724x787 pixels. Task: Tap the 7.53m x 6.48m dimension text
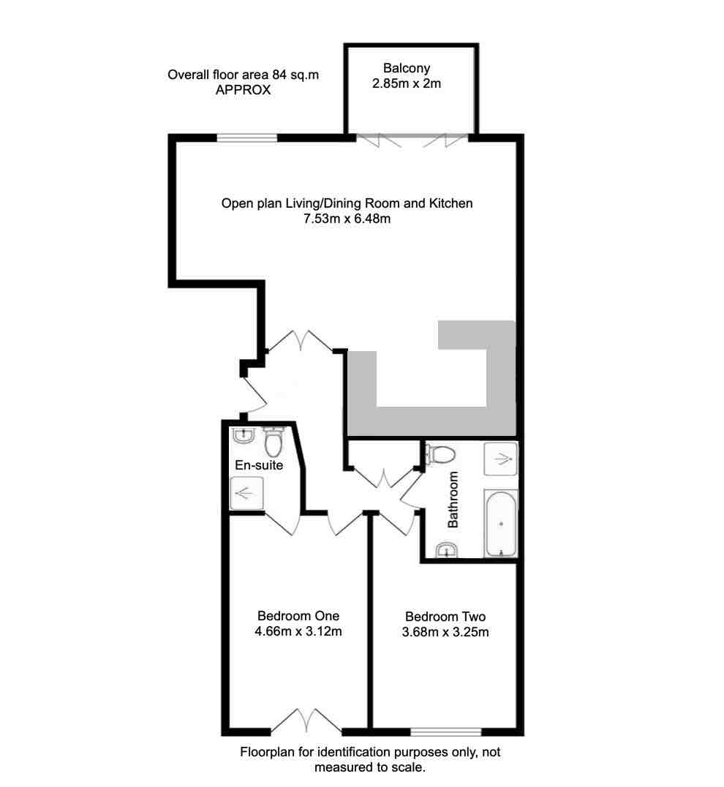point(347,219)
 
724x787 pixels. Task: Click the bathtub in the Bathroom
point(500,523)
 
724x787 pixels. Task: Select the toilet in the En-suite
point(273,442)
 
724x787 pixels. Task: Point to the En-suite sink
point(243,436)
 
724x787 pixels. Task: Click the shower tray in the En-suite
point(243,493)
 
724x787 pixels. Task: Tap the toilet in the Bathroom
point(442,455)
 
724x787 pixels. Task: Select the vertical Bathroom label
point(453,500)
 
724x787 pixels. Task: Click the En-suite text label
point(259,465)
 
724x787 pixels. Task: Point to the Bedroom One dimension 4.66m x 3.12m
point(298,631)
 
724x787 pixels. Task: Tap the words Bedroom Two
point(445,617)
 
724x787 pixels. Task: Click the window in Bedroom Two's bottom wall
point(445,731)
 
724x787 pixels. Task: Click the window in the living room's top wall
point(247,137)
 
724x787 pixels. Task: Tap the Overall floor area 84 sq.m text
point(244,75)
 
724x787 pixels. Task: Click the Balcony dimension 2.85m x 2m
point(407,83)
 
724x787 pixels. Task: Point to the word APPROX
point(244,91)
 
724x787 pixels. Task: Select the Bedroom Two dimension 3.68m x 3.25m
point(445,632)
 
